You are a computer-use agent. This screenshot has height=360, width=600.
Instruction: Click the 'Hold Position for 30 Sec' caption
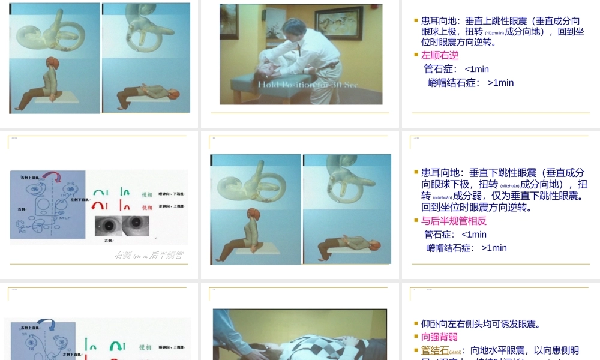(308, 85)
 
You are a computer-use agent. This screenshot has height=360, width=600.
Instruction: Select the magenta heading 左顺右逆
(440, 55)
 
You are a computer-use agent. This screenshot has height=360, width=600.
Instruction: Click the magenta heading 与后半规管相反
(454, 221)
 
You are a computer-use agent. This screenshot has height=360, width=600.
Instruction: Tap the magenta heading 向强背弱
(439, 337)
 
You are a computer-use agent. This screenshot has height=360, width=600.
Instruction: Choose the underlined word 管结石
(435, 350)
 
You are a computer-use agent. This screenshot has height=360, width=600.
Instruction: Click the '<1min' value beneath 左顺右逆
(476, 69)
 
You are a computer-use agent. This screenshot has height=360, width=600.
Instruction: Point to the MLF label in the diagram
(65, 218)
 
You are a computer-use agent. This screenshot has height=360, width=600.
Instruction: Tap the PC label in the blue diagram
(22, 231)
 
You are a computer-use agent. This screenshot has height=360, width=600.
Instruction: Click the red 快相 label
(146, 207)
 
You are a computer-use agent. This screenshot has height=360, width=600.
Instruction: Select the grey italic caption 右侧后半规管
(148, 255)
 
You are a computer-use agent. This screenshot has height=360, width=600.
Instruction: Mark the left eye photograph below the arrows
(107, 225)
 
